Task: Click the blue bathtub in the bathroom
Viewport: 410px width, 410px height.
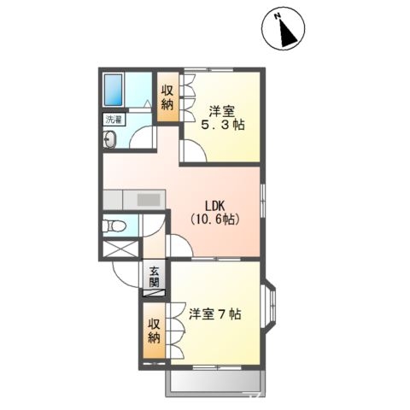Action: (114, 88)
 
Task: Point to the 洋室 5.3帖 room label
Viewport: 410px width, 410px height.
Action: (221, 117)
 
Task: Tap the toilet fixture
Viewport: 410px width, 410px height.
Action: (115, 226)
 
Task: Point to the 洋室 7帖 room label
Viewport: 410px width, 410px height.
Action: (214, 314)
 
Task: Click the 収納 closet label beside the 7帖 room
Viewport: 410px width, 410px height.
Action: (154, 331)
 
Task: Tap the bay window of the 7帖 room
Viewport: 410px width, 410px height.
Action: (269, 303)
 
